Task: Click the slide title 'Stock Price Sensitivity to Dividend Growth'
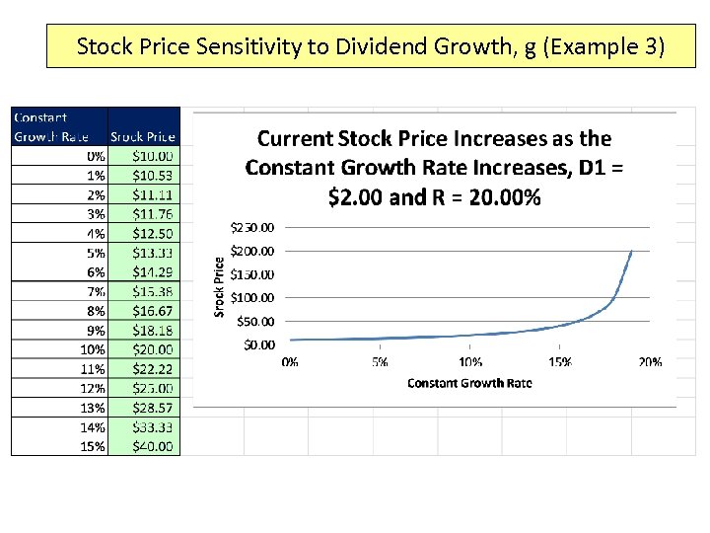click(370, 46)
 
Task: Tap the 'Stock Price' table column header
click(143, 136)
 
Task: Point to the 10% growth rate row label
click(93, 349)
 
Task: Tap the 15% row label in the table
click(93, 446)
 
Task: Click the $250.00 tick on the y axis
click(253, 227)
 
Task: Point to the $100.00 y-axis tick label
click(253, 297)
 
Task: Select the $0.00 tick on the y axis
click(257, 344)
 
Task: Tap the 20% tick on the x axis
click(650, 362)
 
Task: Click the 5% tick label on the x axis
click(380, 362)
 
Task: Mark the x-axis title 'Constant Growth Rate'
click(469, 383)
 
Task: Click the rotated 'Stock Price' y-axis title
click(220, 287)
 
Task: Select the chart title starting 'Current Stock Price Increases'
click(434, 168)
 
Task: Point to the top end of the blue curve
click(631, 251)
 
